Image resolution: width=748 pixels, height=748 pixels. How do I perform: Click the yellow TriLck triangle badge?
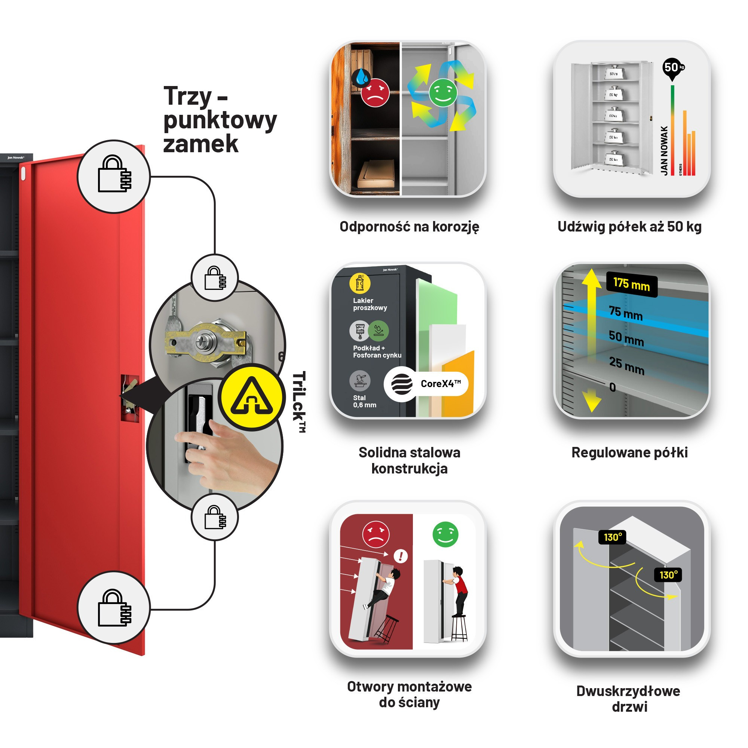coord(252,397)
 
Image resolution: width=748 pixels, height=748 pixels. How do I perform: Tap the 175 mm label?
coord(631,285)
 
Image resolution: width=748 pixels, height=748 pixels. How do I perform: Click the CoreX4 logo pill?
coord(426,384)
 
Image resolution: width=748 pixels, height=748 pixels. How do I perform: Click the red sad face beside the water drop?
coord(375,92)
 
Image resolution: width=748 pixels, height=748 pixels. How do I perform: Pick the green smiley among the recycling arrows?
coord(443,92)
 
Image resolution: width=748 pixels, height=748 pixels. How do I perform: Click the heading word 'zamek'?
coord(200,144)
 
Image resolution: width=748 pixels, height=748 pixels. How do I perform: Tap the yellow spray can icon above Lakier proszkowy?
coord(360,283)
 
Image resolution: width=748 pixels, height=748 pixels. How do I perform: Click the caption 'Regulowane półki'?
coord(629,452)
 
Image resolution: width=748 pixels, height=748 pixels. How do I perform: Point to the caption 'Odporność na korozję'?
coord(409,227)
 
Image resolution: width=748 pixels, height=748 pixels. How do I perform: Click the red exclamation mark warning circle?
coord(400,557)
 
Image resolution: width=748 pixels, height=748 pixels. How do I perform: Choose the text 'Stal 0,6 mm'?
coord(364,401)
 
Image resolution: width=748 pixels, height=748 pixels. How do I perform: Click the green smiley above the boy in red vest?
coord(445,534)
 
